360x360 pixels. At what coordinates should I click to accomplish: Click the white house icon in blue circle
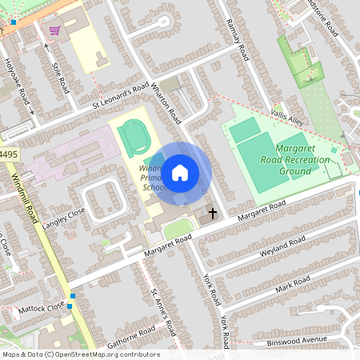coord(180,172)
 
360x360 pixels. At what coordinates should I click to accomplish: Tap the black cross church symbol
coord(213,214)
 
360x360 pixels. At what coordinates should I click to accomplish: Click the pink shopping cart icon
coord(54,30)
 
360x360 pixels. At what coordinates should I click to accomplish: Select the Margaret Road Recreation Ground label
coord(302,160)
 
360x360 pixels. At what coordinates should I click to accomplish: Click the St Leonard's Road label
coord(120,94)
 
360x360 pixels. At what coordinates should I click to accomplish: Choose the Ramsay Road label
coord(237,39)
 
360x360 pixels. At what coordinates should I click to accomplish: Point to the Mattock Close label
coord(42,306)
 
